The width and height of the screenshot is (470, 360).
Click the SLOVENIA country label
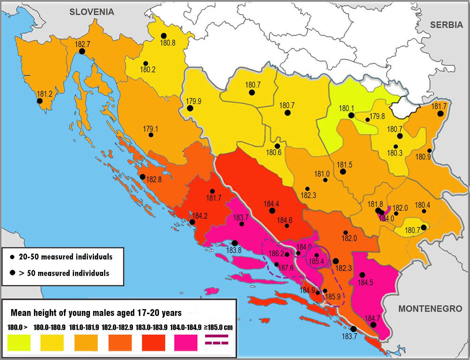coord(91,12)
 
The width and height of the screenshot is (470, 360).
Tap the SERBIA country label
coord(446,25)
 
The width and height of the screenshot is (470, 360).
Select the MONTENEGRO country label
coord(430,309)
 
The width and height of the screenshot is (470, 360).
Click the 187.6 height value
coord(286,268)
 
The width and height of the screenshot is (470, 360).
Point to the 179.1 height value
coord(150,129)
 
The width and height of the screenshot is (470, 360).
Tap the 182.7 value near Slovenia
coord(83,44)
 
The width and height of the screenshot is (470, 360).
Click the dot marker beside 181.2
coord(40,101)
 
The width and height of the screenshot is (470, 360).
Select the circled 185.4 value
coord(316,261)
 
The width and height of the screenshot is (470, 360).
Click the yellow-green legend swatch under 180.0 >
coord(19,342)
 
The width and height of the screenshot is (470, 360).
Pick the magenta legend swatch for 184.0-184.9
coord(186,342)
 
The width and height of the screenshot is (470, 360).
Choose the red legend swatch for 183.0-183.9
coord(153,342)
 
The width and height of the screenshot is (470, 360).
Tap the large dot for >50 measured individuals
coord(12,273)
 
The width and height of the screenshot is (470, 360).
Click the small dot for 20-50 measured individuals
coord(12,257)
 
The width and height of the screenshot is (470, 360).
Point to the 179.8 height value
coord(377,116)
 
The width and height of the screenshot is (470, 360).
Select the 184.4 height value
coord(271,204)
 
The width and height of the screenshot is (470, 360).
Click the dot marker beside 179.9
coord(190,108)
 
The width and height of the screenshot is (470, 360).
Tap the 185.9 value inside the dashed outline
coord(333,297)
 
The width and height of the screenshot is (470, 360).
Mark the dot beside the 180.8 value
coord(164,36)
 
